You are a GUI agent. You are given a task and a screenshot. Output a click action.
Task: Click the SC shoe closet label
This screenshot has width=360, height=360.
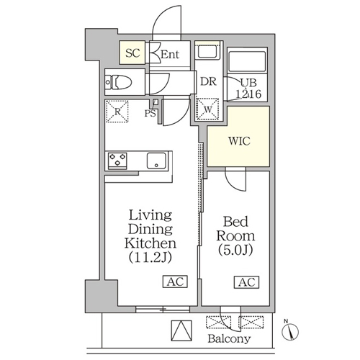pos(132,53)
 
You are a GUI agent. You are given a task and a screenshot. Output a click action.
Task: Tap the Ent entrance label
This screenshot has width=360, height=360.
pos(170,54)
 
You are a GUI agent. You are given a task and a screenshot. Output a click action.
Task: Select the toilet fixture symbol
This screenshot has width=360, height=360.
pos(119,82)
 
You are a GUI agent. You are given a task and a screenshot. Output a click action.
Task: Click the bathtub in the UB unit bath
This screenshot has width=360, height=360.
pos(247,61)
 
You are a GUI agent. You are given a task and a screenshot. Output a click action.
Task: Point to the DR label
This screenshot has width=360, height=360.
pos(208,81)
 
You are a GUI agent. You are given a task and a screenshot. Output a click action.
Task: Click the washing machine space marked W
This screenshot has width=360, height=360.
pos(207,109)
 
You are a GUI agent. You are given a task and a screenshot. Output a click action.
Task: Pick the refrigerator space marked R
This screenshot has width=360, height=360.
pos(117,112)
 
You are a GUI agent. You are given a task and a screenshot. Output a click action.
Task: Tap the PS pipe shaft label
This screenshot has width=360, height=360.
pos(150,113)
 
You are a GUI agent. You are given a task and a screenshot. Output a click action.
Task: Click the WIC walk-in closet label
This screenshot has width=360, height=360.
pos(239,141)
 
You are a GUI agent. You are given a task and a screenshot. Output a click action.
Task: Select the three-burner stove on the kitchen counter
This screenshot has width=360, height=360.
pos(117,160)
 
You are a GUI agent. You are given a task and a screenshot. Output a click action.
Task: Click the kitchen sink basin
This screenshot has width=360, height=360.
pos(156,161)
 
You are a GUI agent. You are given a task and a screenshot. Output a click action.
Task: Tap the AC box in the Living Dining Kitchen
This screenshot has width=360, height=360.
pos(176,282)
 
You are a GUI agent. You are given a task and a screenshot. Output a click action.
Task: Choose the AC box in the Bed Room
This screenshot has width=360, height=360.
pos(246,282)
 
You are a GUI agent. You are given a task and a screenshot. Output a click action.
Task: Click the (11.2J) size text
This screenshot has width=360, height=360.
pos(150,258)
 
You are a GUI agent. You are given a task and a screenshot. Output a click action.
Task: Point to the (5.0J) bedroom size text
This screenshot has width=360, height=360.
pos(235,251)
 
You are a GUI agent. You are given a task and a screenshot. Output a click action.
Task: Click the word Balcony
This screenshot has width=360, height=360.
pos(229,339)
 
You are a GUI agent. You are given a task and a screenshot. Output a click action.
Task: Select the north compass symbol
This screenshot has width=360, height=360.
pos(290,332)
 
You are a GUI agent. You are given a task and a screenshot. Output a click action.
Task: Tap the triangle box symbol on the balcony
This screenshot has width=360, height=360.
pos(181,330)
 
